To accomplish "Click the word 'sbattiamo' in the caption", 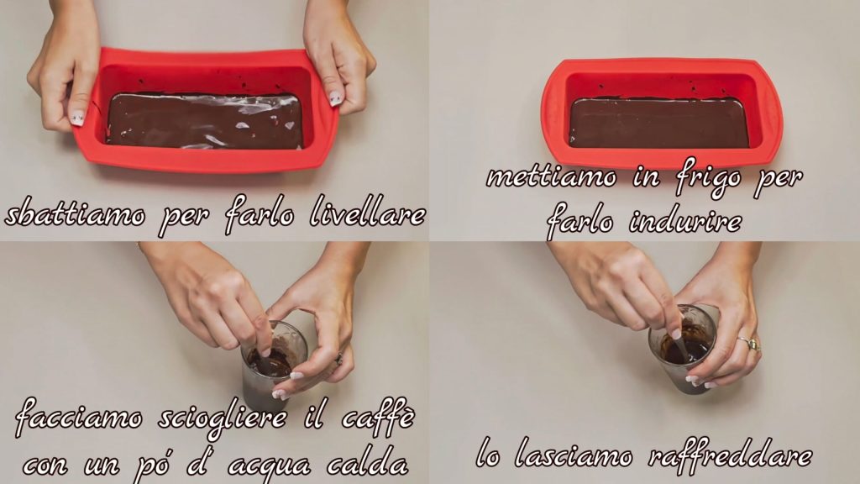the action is tap(76, 214).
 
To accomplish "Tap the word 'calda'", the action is tap(368, 464).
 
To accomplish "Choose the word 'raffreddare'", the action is tap(730, 455).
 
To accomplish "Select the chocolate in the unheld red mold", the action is tap(658, 123).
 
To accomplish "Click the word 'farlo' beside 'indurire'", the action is tap(579, 222).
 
